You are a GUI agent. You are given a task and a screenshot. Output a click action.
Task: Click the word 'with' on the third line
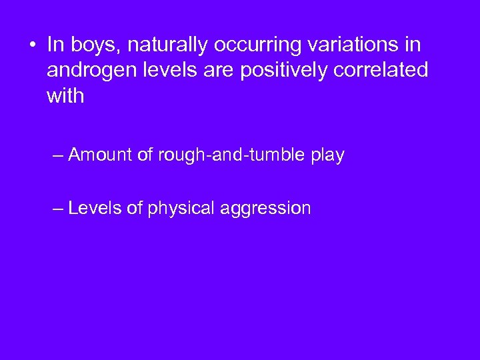(x=65, y=96)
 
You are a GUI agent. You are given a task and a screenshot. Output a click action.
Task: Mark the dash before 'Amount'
(x=58, y=156)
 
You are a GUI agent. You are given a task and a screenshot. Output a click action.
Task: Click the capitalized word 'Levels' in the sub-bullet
(x=95, y=209)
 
